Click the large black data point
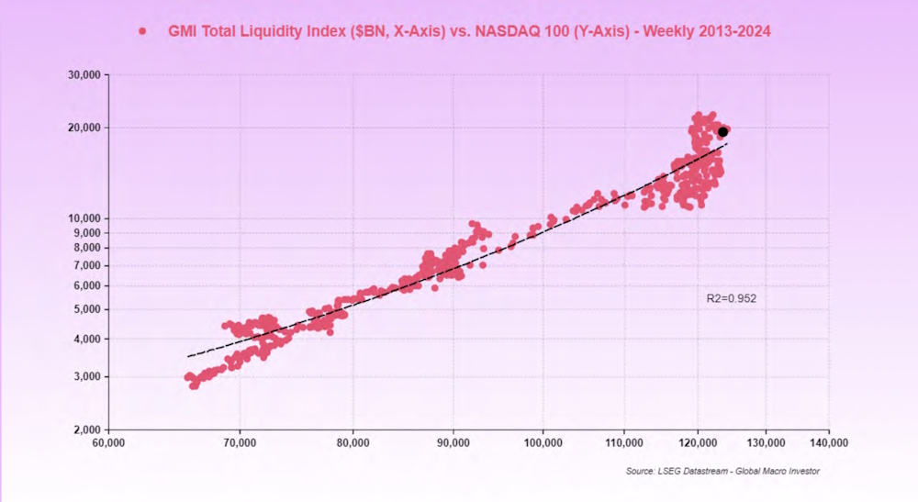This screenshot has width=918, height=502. click(723, 132)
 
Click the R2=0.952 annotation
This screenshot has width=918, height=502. click(731, 298)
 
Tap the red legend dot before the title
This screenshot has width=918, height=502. click(142, 32)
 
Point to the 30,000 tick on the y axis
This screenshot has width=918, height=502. click(87, 75)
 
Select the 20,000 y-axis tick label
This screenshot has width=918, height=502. click(87, 128)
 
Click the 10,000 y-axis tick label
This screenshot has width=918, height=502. click(87, 218)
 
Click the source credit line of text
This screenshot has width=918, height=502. click(722, 471)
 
